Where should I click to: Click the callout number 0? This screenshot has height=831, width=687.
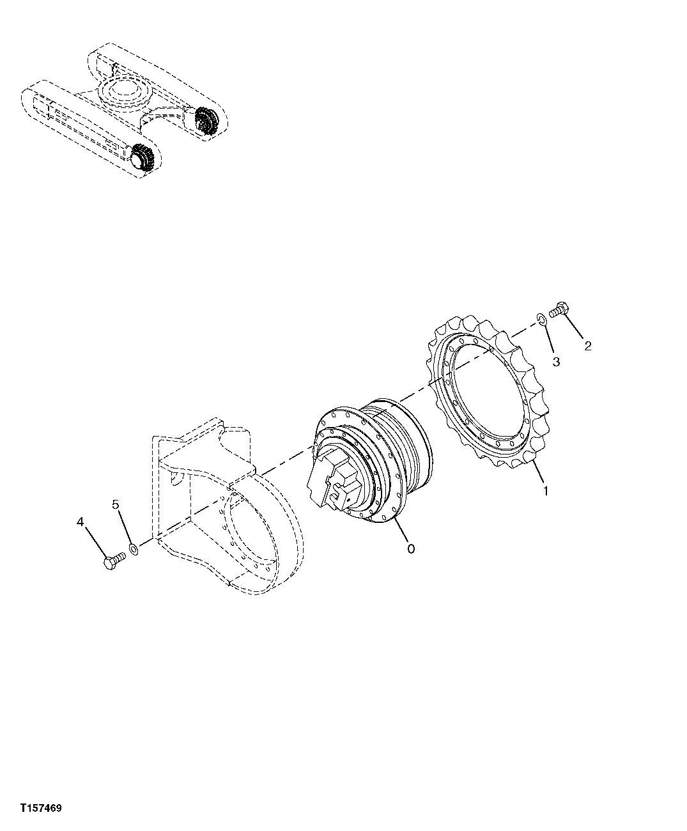[x=410, y=548]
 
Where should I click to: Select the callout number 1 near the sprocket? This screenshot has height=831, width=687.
[x=545, y=492]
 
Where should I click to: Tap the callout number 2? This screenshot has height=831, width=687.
[x=587, y=346]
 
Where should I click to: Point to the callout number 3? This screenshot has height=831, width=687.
[x=556, y=362]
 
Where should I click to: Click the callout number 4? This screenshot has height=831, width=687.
[x=81, y=522]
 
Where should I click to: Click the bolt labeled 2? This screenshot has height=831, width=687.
[x=558, y=309]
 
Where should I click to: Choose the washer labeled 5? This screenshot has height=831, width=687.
[x=133, y=549]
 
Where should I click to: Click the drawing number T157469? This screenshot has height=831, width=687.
[x=40, y=809]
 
